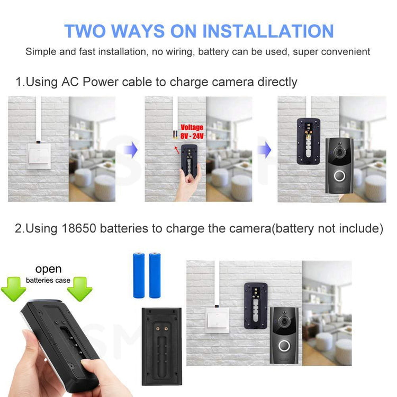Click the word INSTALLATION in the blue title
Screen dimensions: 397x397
pyautogui.click(x=268, y=31)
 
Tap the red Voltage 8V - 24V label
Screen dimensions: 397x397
pyautogui.click(x=192, y=132)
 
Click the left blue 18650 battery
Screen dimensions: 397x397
pyautogui.click(x=139, y=275)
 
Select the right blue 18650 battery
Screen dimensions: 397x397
pyautogui.click(x=155, y=275)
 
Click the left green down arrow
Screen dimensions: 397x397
pyautogui.click(x=13, y=289)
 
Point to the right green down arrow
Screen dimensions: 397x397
pyautogui.click(x=79, y=289)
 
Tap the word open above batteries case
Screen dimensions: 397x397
pyautogui.click(x=48, y=269)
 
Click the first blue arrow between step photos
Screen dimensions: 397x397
pyautogui.click(x=131, y=150)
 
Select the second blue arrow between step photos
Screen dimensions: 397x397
pyautogui.click(x=264, y=150)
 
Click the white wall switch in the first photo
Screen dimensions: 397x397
pyautogui.click(x=39, y=156)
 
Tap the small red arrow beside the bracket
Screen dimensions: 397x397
pyautogui.click(x=177, y=150)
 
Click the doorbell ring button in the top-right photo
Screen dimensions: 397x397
pyautogui.click(x=339, y=176)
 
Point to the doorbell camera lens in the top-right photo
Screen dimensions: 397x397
pyautogui.click(x=339, y=152)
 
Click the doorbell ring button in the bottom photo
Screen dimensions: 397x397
pyautogui.click(x=284, y=345)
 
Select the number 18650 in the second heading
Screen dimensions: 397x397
pyautogui.click(x=79, y=228)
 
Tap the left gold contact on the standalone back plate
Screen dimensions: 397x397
pyautogui.click(x=158, y=329)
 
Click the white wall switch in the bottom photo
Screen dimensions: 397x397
pyautogui.click(x=217, y=320)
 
